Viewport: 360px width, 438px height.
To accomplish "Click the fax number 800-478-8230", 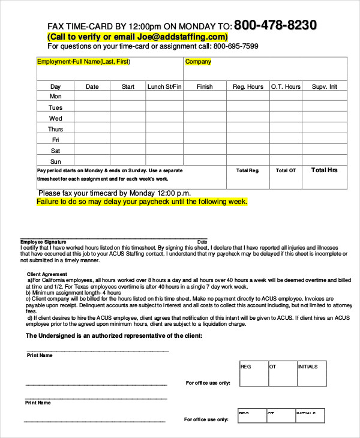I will coord(275,25).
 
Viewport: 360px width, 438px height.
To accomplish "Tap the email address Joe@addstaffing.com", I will coord(178,37).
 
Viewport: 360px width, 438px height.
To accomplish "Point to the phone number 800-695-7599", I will coord(236,46).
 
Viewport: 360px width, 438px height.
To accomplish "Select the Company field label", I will coord(198,62).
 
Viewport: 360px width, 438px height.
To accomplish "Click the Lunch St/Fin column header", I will coord(164,86).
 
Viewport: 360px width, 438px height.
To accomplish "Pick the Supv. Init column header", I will coord(325,86).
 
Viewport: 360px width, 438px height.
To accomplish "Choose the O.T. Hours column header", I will coord(286,86).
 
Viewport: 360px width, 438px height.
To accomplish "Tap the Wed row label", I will coord(56,118).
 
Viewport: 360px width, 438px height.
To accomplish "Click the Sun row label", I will coord(56,161).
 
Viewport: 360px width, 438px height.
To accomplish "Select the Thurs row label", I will coord(56,129).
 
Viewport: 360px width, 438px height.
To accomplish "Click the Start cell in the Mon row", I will coord(128,97).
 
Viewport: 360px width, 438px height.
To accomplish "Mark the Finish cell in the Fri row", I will coord(205,140).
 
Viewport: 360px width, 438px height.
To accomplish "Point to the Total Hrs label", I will coord(325,170).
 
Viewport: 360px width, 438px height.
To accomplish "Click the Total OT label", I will coord(286,171).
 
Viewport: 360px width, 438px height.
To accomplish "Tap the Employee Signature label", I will coord(43,242).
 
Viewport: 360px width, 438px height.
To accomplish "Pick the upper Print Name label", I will coord(39,355).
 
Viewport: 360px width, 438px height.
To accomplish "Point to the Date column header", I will coord(92,86).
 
